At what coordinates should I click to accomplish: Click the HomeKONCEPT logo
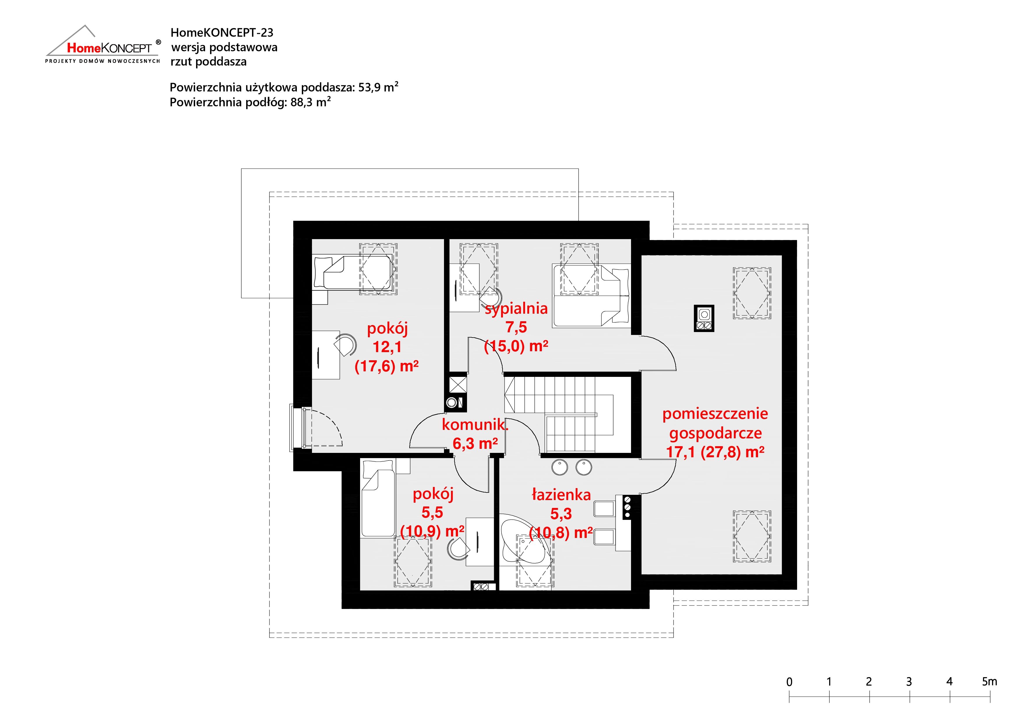[103, 45]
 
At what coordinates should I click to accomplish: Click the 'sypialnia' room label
[516, 308]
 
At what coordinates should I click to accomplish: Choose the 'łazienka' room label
[561, 494]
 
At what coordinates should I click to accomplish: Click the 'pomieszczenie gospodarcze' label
[715, 423]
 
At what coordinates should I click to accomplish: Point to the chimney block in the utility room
[704, 318]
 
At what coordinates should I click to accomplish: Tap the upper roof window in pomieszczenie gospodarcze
[752, 293]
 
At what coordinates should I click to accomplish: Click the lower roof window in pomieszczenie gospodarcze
[752, 536]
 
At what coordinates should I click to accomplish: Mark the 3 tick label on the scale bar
[909, 682]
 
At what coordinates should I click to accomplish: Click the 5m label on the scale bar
[989, 681]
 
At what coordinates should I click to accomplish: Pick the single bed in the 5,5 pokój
[378, 498]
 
